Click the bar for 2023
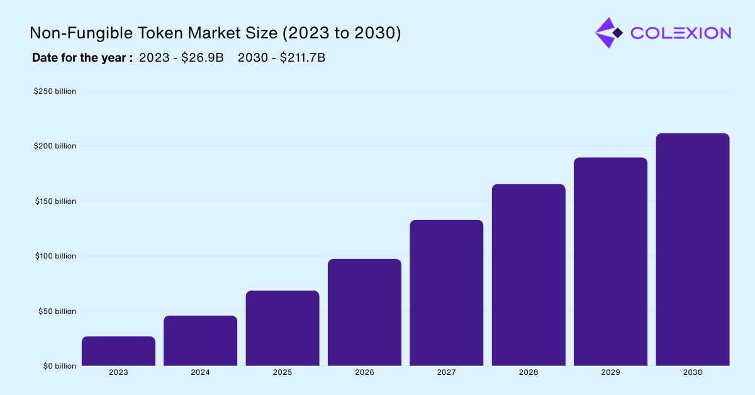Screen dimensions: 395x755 [x=118, y=351]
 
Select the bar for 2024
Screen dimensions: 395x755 [x=200, y=340]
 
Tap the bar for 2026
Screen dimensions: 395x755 [x=364, y=312]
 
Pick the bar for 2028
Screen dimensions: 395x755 [x=528, y=275]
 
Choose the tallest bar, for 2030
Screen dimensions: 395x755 [x=692, y=250]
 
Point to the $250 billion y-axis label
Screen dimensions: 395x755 [x=55, y=91]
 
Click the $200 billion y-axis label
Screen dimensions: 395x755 [x=55, y=146]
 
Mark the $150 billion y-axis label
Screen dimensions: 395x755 [x=55, y=201]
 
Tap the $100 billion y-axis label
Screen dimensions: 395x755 [x=55, y=256]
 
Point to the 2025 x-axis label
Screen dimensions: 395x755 [x=282, y=372]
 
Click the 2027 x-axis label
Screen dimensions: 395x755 [x=447, y=372]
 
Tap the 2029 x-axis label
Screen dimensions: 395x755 [x=610, y=372]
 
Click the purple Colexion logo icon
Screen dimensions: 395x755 [x=608, y=33]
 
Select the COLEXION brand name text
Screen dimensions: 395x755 [x=680, y=33]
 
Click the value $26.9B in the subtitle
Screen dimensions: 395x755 [x=202, y=58]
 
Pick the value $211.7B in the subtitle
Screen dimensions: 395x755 [x=302, y=58]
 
